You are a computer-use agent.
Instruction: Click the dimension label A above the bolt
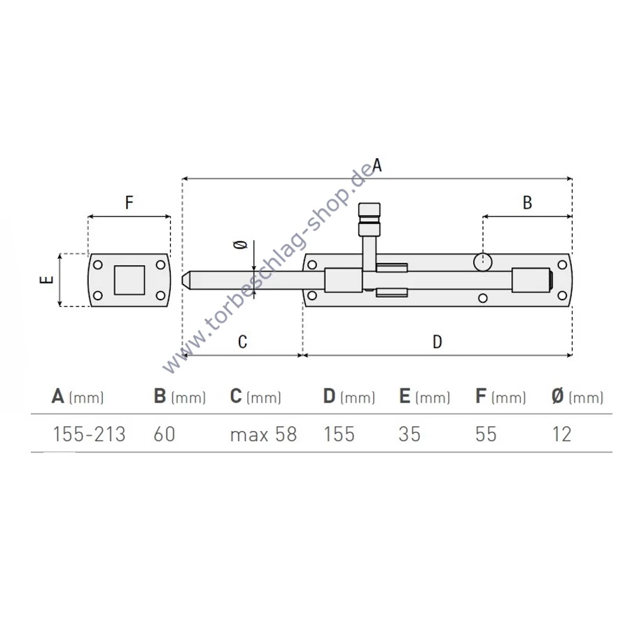pyautogui.click(x=377, y=165)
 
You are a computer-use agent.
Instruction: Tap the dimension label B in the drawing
pyautogui.click(x=528, y=203)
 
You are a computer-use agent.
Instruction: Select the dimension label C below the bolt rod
pyautogui.click(x=242, y=342)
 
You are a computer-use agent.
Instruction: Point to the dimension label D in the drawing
pyautogui.click(x=437, y=342)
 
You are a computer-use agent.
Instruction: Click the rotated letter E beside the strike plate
pyautogui.click(x=47, y=279)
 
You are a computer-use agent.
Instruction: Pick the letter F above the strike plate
pyautogui.click(x=129, y=203)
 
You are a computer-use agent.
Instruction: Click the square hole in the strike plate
pyautogui.click(x=129, y=280)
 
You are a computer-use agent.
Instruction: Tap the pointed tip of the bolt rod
pyautogui.click(x=183, y=280)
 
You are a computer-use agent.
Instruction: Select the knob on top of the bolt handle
pyautogui.click(x=369, y=220)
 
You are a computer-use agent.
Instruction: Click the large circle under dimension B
pyautogui.click(x=482, y=262)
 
